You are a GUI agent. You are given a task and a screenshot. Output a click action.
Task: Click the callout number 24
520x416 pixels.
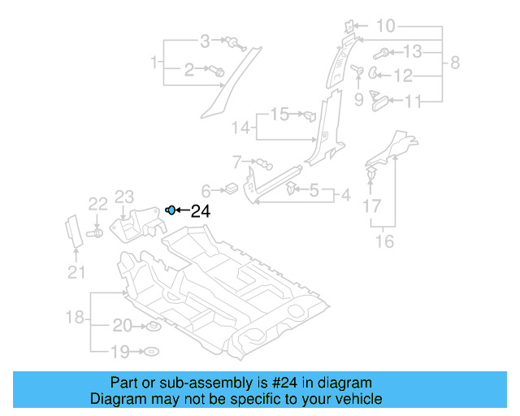tap(200, 211)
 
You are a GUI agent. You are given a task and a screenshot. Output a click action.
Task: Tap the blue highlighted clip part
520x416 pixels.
tap(170, 210)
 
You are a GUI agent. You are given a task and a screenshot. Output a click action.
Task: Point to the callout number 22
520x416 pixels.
tap(97, 203)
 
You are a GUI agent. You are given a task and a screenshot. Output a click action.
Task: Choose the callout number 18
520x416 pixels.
tap(75, 318)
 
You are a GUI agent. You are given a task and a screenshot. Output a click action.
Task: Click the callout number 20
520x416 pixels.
tap(122, 326)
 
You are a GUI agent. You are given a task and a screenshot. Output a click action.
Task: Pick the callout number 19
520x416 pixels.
tap(120, 352)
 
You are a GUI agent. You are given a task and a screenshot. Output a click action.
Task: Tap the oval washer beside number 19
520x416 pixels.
tap(151, 352)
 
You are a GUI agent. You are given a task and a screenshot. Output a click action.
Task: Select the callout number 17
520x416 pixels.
tap(371, 207)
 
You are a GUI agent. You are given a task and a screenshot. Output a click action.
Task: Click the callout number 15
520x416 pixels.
tap(279, 115)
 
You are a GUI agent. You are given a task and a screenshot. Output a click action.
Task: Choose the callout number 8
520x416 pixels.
tap(455, 63)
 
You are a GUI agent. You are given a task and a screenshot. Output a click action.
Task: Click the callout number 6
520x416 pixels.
tap(206, 191)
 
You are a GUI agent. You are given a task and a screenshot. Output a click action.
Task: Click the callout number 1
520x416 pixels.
tap(153, 61)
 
